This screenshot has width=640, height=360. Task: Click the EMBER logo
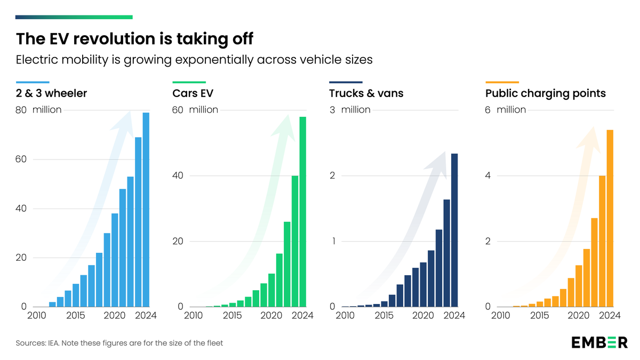tap(599, 342)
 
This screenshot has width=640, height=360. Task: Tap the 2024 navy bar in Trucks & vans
tap(454, 230)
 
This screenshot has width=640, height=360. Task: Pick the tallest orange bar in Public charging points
tap(610, 218)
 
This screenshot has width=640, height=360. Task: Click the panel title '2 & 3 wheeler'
tap(52, 93)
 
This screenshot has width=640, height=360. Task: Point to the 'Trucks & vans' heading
tap(366, 93)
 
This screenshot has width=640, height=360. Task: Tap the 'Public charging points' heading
tap(546, 93)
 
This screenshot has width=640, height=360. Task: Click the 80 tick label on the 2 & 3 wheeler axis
tap(21, 110)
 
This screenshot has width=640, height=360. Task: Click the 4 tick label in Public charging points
tap(488, 175)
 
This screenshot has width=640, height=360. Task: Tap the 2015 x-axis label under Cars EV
tap(233, 315)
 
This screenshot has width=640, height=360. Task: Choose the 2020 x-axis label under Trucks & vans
tap(423, 315)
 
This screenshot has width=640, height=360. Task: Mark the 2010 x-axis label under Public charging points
tap(501, 315)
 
